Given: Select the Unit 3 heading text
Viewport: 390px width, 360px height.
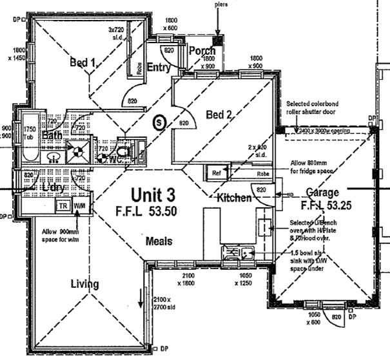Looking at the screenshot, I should [x=152, y=194].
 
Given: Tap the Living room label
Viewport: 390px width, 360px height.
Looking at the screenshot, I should [x=84, y=284].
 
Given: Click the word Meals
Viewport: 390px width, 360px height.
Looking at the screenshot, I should [x=158, y=242].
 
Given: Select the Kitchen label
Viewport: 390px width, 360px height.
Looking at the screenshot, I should [x=234, y=197].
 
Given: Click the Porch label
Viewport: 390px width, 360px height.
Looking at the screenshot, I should [x=202, y=51].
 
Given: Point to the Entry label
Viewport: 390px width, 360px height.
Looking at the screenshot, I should [x=159, y=68].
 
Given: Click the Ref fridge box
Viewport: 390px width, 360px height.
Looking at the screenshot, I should [x=215, y=173].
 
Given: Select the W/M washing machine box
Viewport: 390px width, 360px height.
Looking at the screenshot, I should [x=81, y=205].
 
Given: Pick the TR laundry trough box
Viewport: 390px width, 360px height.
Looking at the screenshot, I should [x=63, y=205].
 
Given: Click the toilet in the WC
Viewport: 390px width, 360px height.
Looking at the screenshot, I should [x=124, y=149].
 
